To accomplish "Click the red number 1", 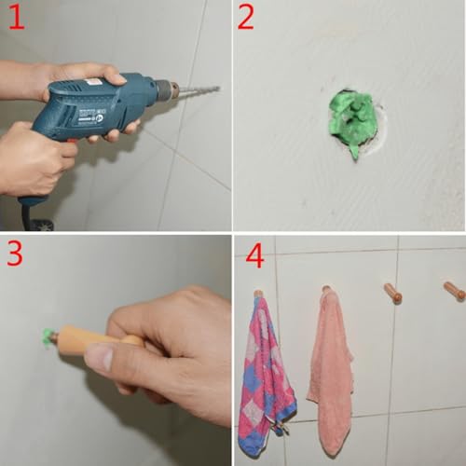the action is (x=17, y=17).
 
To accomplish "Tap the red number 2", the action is (x=245, y=18).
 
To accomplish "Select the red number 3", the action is (x=15, y=254).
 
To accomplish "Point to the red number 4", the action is (x=254, y=255).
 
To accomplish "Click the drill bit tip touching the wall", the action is (x=218, y=89).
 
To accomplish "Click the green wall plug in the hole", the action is (x=352, y=119).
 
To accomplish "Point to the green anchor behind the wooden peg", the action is (x=48, y=338).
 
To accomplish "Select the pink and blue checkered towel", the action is (x=265, y=376).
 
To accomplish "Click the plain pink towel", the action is (x=331, y=370).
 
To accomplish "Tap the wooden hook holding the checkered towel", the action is (x=258, y=293).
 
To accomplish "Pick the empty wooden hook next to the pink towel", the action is (x=393, y=293).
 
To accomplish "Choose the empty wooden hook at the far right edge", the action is (x=455, y=291).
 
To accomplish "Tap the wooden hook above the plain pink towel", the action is (x=326, y=289).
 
